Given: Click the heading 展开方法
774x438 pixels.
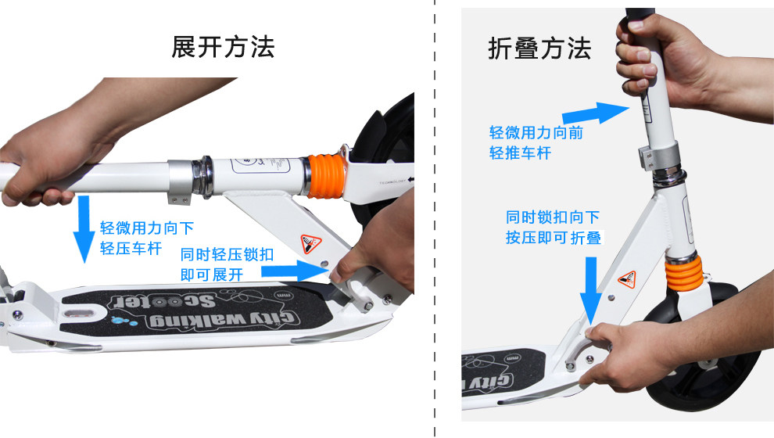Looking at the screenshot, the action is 223,48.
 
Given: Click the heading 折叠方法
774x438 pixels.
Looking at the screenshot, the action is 539,49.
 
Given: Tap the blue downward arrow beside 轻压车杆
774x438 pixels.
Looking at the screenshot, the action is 84,229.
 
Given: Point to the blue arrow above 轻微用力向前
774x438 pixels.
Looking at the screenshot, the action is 596,113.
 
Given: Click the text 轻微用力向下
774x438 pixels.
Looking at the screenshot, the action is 147,228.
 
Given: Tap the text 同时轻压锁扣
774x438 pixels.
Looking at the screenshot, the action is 227,254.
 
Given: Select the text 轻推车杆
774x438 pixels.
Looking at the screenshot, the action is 520,153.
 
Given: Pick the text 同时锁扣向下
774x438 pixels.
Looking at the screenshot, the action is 553,217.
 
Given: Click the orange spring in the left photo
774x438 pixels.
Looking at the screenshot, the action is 325,176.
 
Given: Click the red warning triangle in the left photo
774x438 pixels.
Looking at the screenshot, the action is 311,244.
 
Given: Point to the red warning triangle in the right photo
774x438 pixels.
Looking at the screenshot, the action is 628,279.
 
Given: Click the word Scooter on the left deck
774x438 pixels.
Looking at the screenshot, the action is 163,300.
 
